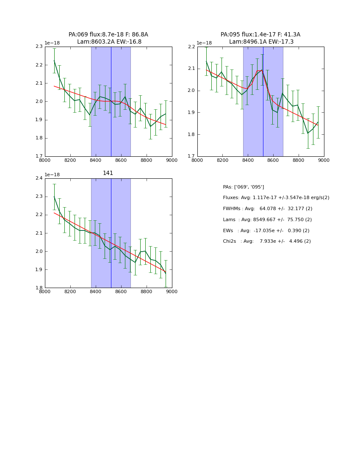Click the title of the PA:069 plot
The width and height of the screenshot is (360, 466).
pyautogui.click(x=108, y=38)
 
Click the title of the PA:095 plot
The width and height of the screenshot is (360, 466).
pyautogui.click(x=260, y=38)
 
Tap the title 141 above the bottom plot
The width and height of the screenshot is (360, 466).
pyautogui.click(x=108, y=173)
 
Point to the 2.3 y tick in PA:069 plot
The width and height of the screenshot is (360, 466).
pyautogui.click(x=39, y=47)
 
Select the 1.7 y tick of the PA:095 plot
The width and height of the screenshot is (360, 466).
pyautogui.click(x=191, y=156)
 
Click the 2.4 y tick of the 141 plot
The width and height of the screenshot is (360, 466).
pyautogui.click(x=39, y=178)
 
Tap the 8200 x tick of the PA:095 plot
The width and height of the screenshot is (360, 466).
pyautogui.click(x=222, y=160)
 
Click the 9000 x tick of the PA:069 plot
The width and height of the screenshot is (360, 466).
pyautogui.click(x=172, y=160)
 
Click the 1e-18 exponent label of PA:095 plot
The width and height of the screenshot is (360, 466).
pyautogui.click(x=204, y=43)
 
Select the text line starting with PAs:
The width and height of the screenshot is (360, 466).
pyautogui.click(x=244, y=187)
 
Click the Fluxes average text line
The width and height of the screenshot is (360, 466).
pyautogui.click(x=276, y=198)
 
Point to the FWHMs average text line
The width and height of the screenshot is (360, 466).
pyautogui.click(x=268, y=209)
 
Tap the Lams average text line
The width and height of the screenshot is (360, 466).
pyautogui.click(x=267, y=220)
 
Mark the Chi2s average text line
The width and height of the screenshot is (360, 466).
pyautogui.click(x=267, y=241)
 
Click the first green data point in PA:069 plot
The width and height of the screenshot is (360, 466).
pyautogui.click(x=54, y=61)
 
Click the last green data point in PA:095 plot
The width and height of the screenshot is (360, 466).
pyautogui.click(x=318, y=122)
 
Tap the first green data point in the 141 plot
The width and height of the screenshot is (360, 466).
pyautogui.click(x=54, y=197)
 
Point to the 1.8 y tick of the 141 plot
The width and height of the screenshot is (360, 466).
pyautogui.click(x=39, y=288)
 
